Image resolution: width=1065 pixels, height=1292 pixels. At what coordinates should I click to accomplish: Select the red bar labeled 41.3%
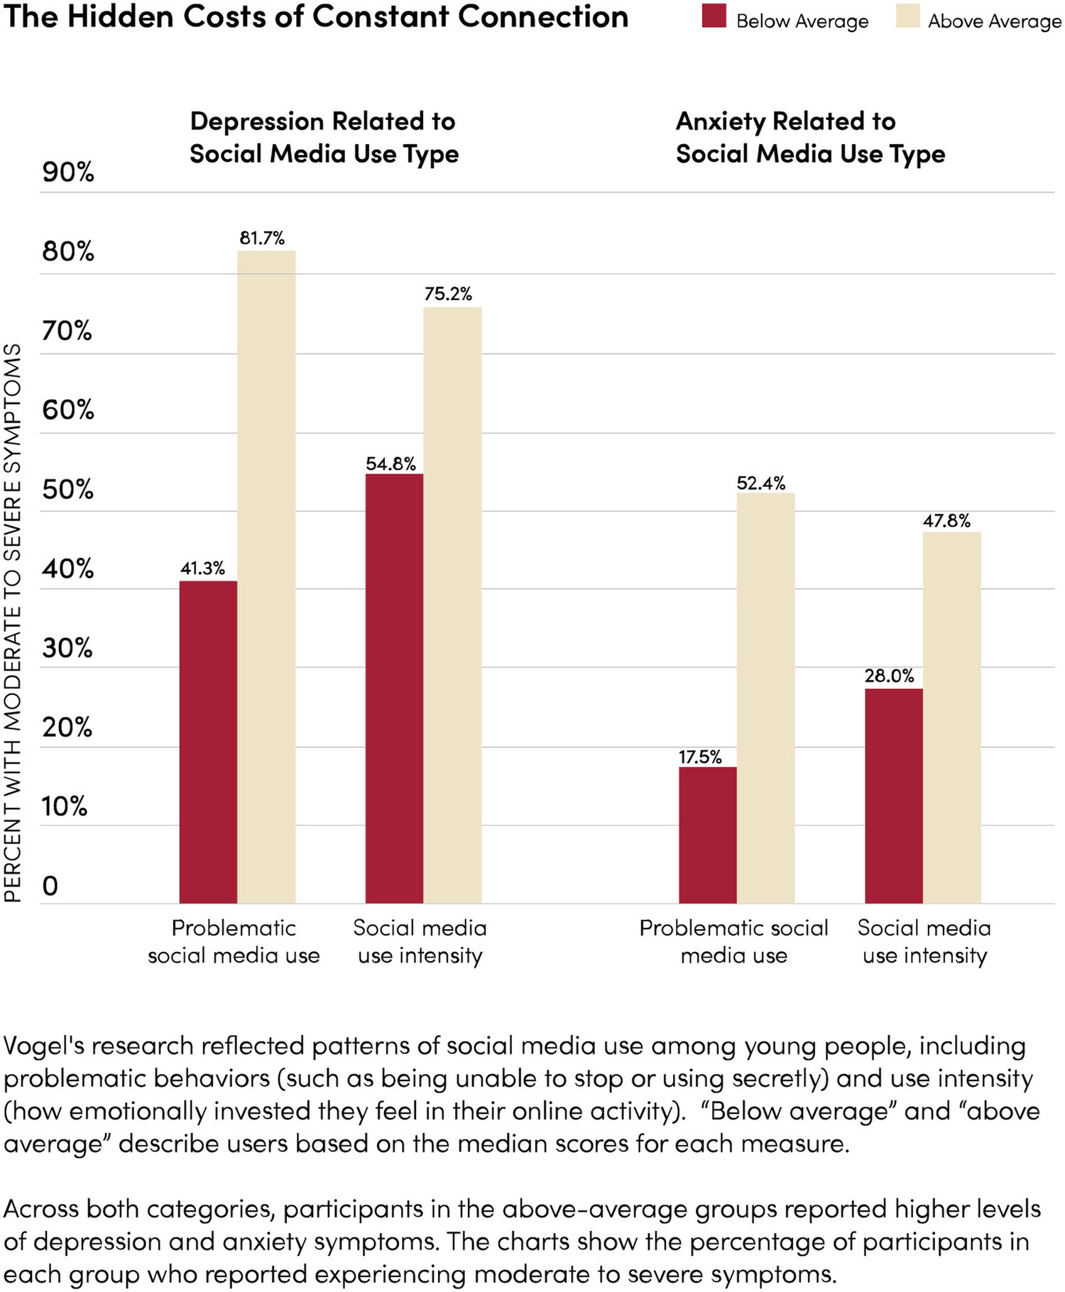click(x=208, y=742)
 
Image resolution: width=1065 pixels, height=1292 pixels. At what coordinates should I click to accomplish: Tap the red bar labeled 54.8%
click(x=394, y=688)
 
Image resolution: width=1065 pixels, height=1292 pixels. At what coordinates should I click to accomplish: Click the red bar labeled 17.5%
click(x=707, y=835)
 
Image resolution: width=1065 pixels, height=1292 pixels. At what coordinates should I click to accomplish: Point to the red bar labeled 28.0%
click(x=893, y=796)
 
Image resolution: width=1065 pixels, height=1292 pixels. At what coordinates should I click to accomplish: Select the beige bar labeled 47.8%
click(x=951, y=717)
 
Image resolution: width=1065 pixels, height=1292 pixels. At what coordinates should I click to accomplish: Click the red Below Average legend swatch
click(x=714, y=16)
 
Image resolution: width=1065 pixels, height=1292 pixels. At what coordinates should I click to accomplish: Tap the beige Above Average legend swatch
click(x=907, y=16)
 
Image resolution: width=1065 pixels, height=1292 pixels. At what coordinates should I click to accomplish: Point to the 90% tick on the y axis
click(x=68, y=173)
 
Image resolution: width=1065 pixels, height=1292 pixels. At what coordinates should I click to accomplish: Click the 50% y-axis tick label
click(x=68, y=490)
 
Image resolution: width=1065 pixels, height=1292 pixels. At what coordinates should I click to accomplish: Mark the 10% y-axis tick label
click(x=65, y=807)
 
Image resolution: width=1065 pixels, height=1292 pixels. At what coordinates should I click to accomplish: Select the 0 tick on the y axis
click(x=50, y=886)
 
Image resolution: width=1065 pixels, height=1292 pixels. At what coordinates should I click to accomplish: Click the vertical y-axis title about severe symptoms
click(x=13, y=623)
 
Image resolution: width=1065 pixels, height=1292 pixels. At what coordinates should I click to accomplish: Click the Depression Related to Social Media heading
click(x=324, y=138)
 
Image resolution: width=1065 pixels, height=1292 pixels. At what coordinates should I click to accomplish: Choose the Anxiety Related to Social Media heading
click(x=810, y=138)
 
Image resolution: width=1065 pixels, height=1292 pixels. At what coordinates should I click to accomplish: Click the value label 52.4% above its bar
click(x=761, y=483)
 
